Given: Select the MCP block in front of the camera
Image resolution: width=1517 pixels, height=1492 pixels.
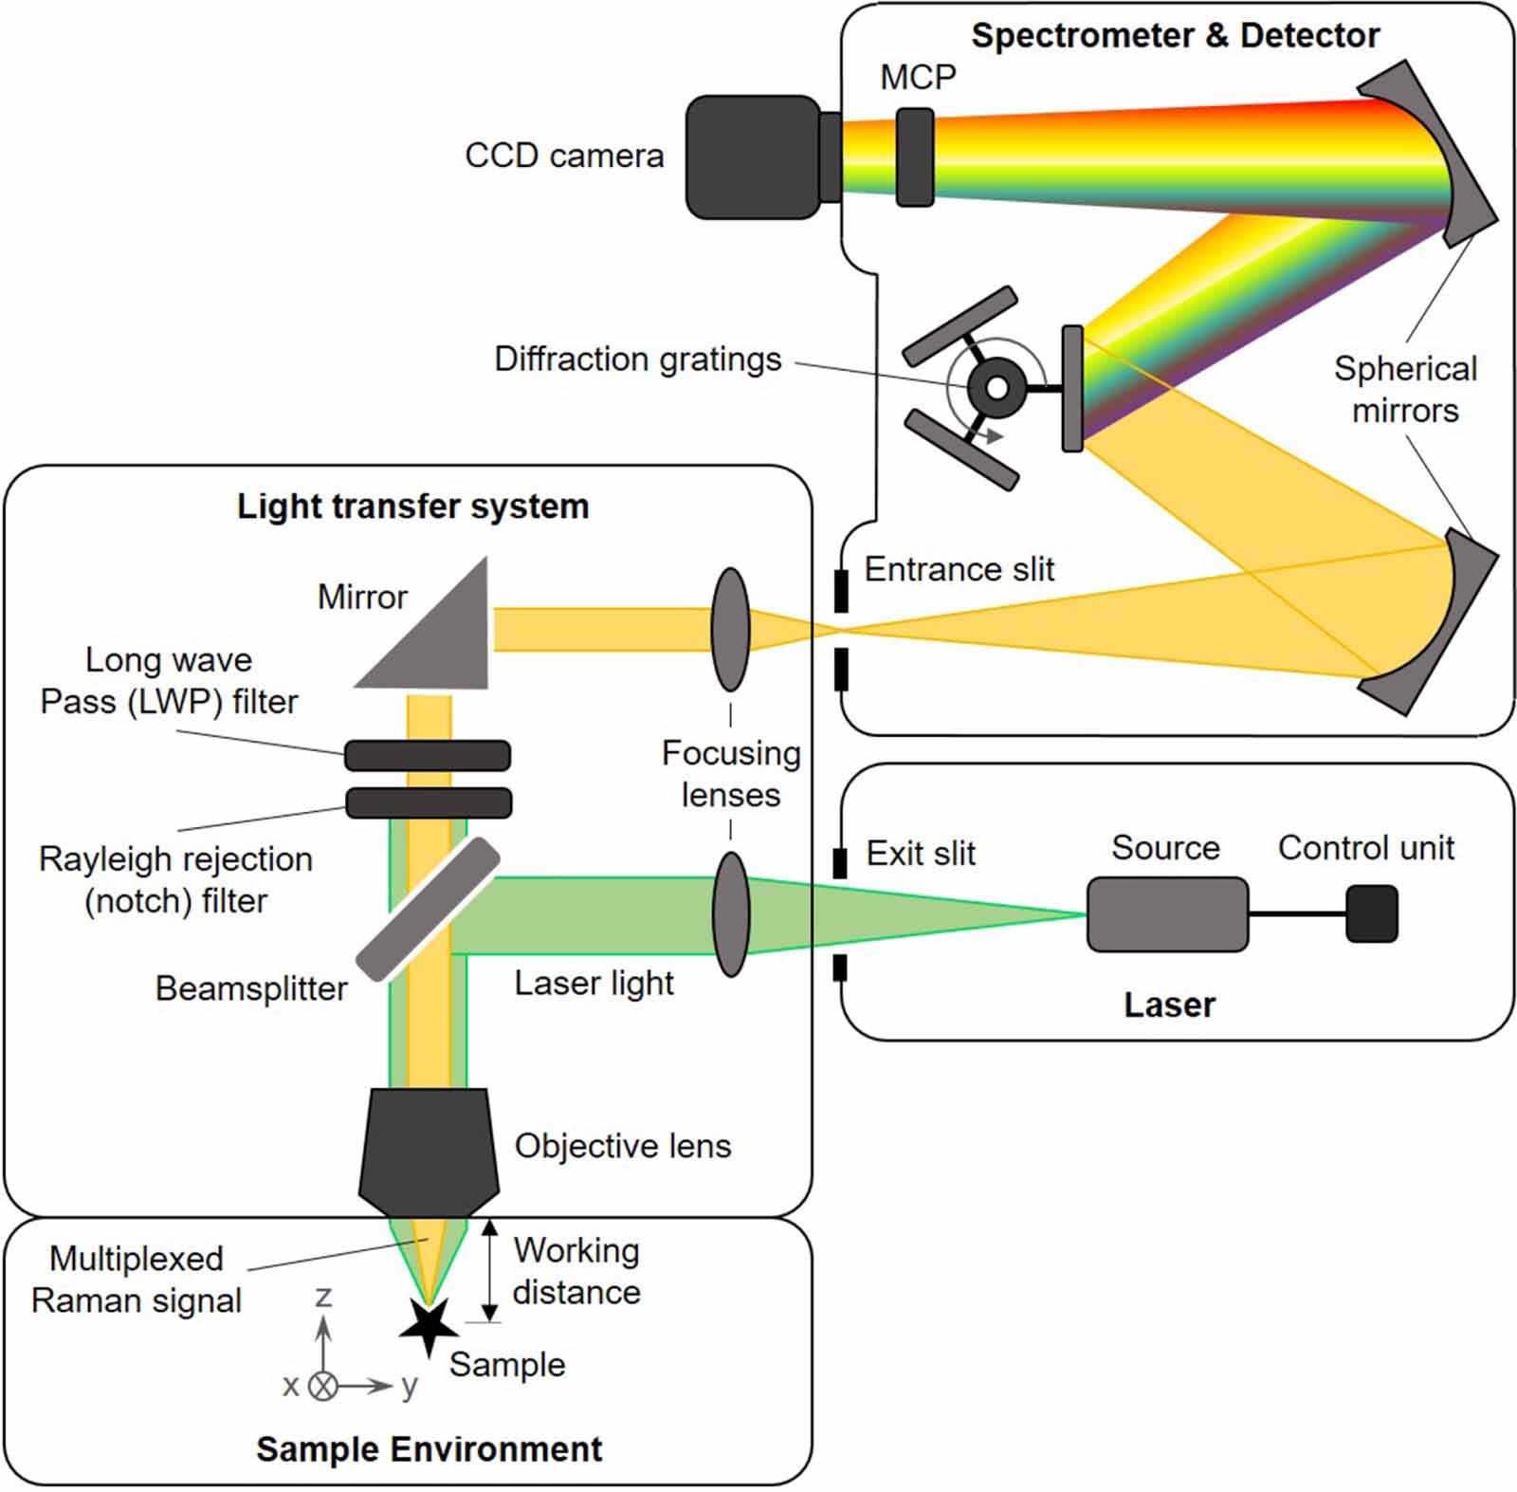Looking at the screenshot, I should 915,157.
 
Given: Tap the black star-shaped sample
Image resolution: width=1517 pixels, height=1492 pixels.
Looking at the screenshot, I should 429,1326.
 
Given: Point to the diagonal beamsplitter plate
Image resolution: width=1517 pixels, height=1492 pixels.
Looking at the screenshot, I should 429,909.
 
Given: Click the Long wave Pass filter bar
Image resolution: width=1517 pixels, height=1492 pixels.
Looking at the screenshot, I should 427,755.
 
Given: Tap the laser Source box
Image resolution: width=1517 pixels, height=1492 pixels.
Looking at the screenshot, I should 1167,913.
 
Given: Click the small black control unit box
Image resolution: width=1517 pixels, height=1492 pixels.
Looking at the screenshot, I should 1372,913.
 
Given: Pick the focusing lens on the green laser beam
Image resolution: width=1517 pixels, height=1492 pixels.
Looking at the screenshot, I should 731,913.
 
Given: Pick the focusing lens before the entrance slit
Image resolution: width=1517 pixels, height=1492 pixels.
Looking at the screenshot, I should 730,629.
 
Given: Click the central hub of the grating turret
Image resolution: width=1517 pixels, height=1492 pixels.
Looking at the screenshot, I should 996,387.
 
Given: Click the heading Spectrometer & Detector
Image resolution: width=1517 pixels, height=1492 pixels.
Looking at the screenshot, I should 1175,36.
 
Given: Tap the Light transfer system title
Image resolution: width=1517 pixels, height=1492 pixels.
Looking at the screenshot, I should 412,506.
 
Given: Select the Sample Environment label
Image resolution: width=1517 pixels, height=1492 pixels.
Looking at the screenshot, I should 429,1448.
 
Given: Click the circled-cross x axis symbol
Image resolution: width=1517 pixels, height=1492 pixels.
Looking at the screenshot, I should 324,1386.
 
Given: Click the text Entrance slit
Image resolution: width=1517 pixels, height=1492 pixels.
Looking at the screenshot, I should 959,569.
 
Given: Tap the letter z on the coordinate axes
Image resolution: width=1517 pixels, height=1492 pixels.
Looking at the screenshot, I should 323,1297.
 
